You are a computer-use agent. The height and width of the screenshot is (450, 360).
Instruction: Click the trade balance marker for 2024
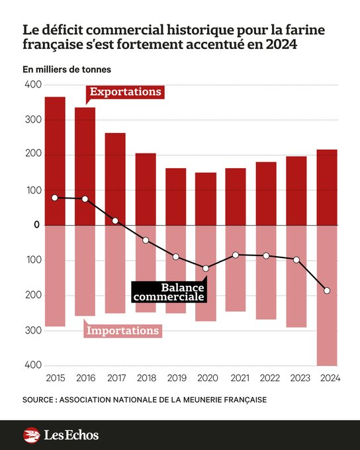(327, 291)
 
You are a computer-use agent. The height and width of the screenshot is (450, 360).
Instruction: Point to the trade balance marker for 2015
(55, 197)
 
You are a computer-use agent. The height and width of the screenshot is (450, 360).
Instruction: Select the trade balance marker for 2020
(206, 268)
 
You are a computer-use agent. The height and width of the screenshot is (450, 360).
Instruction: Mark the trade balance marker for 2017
(115, 220)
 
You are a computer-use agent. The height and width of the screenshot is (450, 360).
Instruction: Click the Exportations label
(125, 91)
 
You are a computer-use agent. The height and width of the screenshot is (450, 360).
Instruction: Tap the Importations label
(124, 330)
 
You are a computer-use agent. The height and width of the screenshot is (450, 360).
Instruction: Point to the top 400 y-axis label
(32, 85)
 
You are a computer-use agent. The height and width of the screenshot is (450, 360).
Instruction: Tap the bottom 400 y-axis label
(32, 365)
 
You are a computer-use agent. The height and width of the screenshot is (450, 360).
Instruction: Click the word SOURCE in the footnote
(40, 400)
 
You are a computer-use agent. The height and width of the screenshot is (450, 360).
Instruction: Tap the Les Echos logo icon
(32, 435)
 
